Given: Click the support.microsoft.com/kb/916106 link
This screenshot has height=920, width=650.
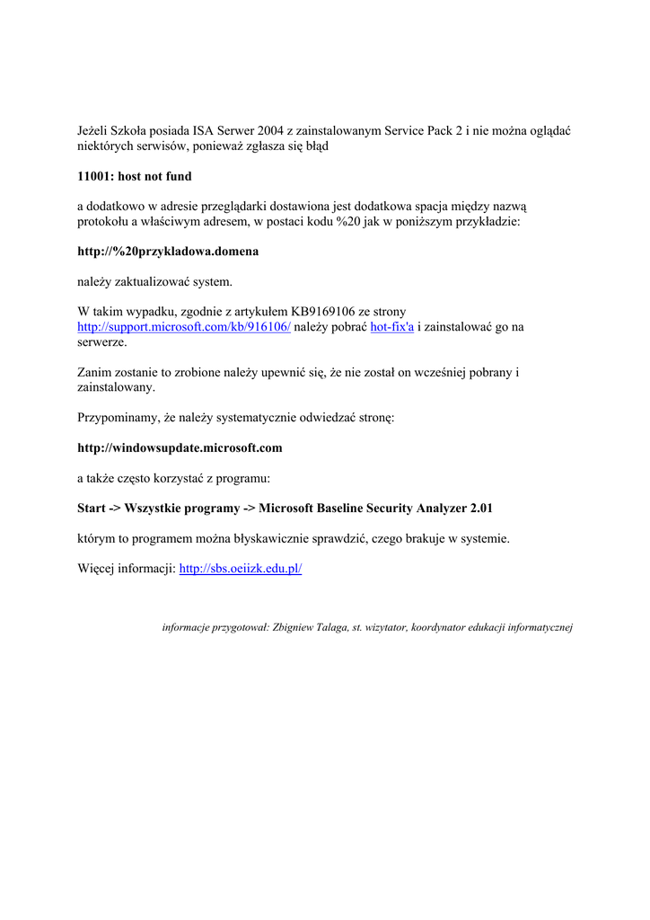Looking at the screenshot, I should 184,328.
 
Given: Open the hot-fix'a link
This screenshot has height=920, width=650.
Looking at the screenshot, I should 391,328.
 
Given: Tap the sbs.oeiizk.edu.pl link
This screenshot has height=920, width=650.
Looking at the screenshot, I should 241,569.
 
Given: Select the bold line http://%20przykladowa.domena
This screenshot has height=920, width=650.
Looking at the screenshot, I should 168,252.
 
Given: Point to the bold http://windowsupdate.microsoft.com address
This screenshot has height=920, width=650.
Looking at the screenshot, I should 180,447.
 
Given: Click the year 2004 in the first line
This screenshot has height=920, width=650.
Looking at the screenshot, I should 269,130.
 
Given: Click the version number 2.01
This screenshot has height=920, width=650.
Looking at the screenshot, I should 476,509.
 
